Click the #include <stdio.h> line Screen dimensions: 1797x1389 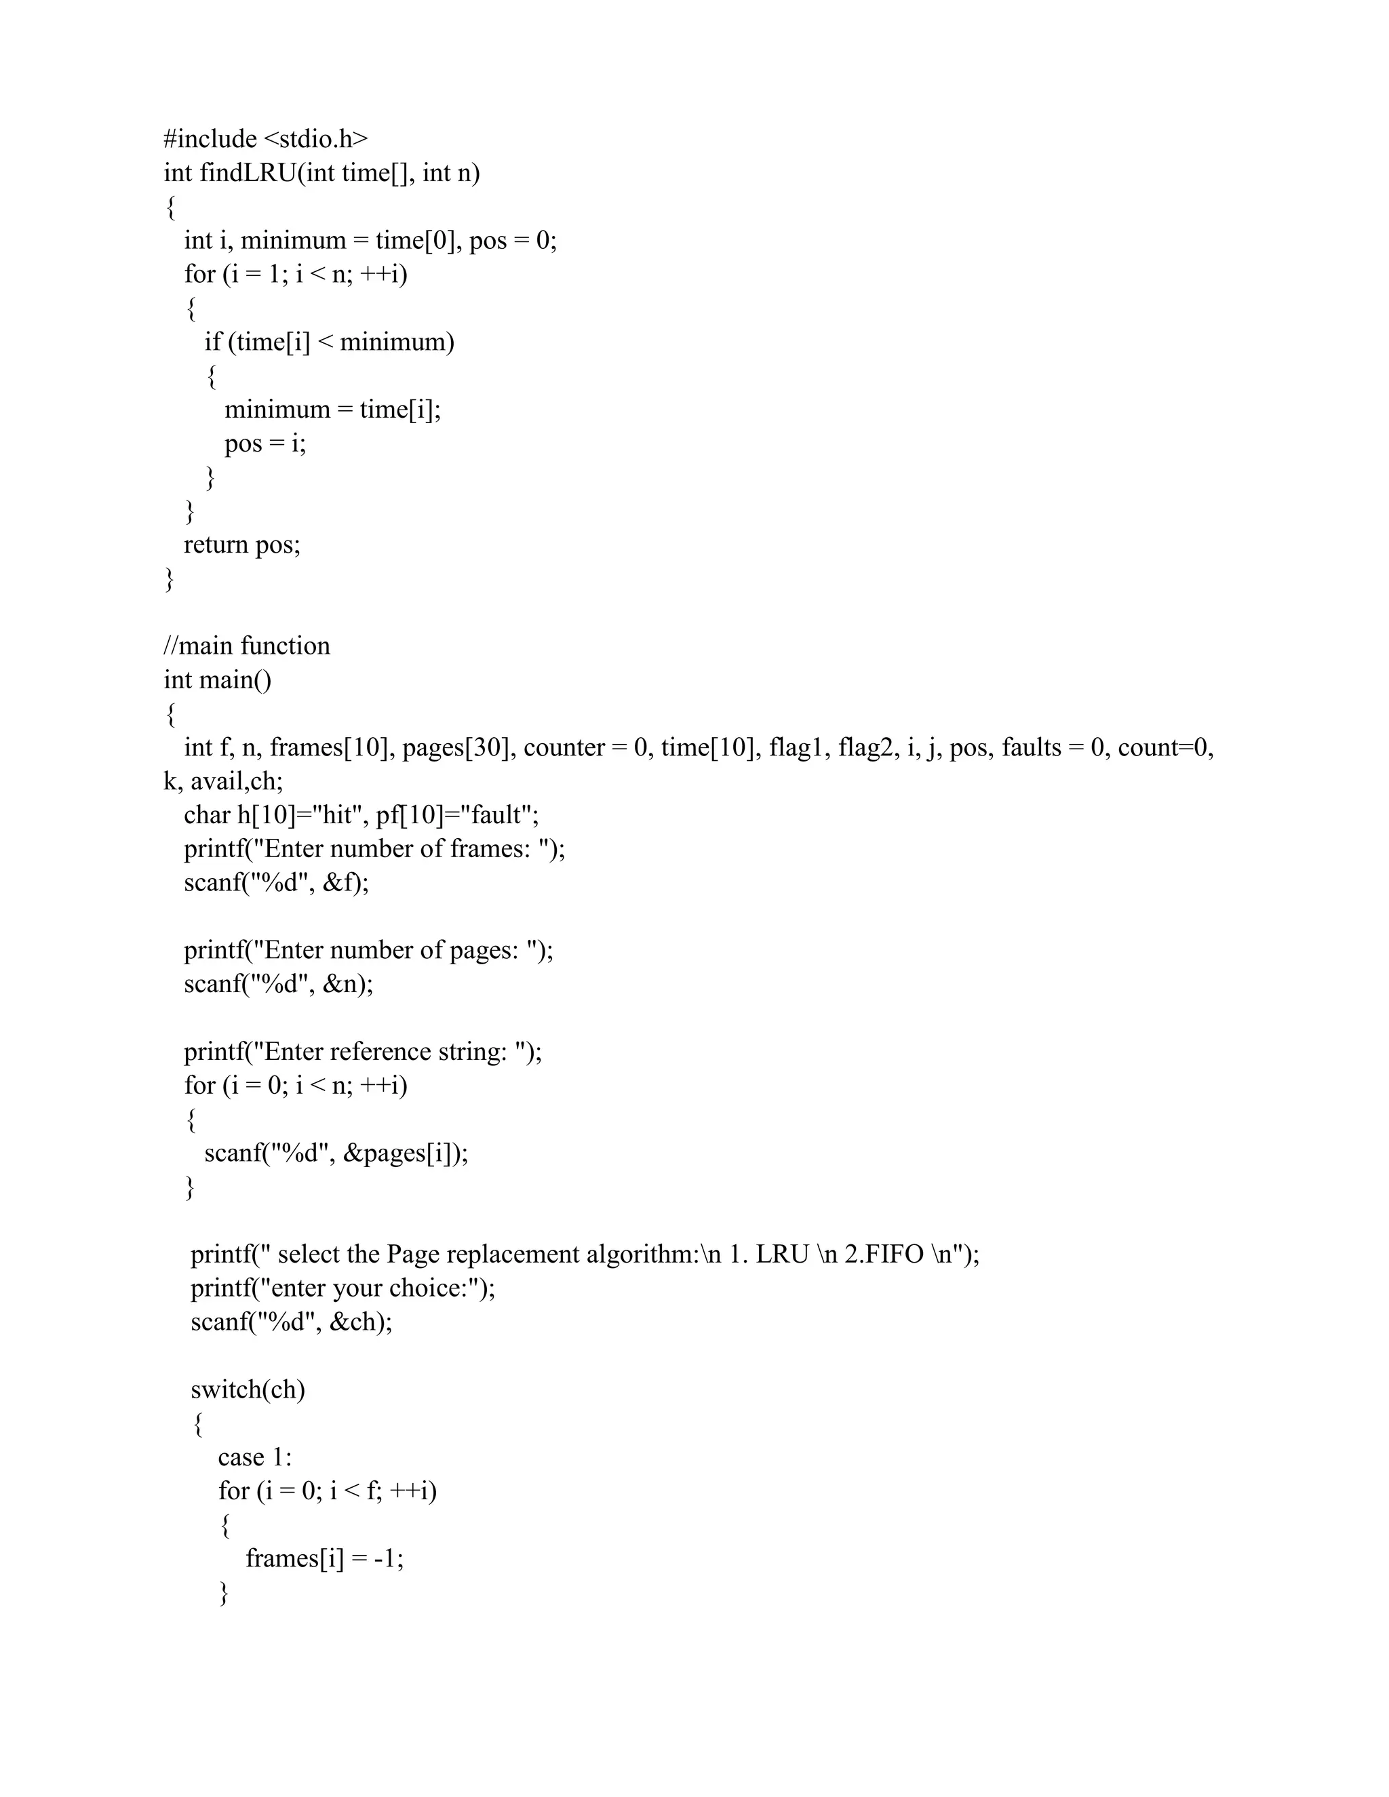point(266,139)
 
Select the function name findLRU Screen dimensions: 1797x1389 point(248,173)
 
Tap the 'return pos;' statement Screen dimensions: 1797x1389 point(242,545)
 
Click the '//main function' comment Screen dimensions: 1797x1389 point(247,646)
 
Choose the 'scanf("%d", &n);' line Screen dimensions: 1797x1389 point(278,984)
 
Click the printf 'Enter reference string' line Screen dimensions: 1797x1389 point(363,1052)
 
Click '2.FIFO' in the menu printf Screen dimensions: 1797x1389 point(884,1254)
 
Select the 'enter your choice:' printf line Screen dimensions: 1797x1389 point(343,1288)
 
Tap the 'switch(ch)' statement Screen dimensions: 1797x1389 point(248,1389)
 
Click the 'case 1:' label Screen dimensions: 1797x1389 point(255,1457)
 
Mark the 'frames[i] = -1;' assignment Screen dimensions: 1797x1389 point(324,1558)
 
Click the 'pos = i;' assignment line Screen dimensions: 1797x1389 point(265,443)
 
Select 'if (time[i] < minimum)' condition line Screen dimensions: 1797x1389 point(329,342)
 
